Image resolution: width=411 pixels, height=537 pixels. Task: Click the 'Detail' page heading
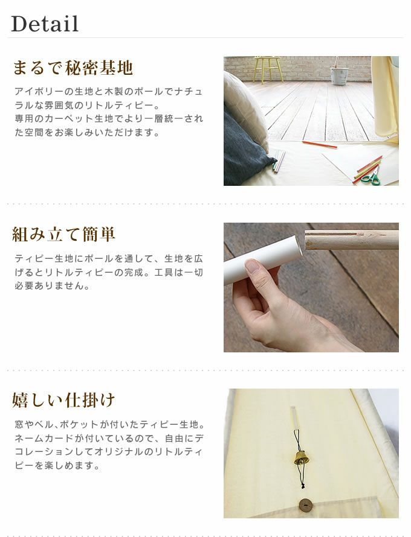[x=45, y=24]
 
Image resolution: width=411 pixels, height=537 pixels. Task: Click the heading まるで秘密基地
[x=73, y=68]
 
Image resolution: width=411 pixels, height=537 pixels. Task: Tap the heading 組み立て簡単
[x=63, y=235]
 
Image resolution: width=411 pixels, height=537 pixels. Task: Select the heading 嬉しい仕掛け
[x=63, y=400]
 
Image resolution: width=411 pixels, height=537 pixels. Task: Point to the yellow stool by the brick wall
[x=268, y=69]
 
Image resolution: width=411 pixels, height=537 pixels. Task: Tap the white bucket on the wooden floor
[x=339, y=75]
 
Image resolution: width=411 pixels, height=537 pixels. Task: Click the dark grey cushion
[x=245, y=151]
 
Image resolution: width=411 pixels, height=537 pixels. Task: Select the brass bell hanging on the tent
[x=300, y=457]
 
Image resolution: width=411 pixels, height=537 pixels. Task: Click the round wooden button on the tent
[x=305, y=506]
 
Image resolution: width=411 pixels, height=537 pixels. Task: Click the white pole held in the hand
[x=262, y=259]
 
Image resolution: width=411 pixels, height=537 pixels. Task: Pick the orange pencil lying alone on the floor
[x=319, y=145]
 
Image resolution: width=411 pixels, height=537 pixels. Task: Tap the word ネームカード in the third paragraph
[x=44, y=438]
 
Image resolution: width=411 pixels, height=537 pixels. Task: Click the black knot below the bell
[x=302, y=485]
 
